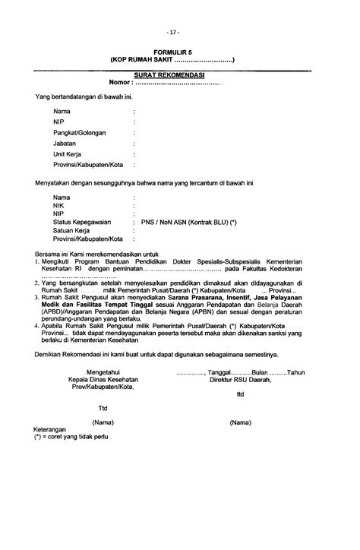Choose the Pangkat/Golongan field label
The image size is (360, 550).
click(80, 132)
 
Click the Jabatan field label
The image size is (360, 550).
click(65, 143)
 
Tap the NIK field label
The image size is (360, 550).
click(58, 205)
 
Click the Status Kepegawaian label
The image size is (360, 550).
click(82, 222)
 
